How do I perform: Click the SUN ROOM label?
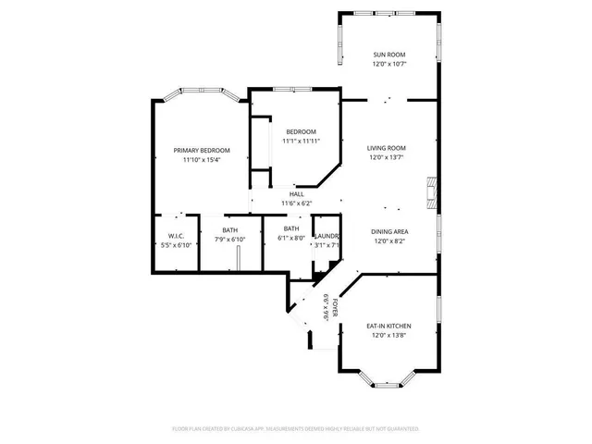coord(388,55)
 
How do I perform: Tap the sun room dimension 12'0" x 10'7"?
coord(388,64)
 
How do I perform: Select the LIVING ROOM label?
coord(387,147)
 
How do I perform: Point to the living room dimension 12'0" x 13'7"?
coord(387,157)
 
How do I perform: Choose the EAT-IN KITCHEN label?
coord(388,327)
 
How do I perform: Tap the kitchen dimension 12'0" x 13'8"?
coord(388,337)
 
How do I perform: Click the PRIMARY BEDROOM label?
coord(202,150)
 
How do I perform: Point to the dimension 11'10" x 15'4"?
coord(202,160)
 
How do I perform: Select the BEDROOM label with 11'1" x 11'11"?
coord(301,131)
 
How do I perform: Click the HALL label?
coord(296,193)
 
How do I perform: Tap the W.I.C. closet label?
coord(176,235)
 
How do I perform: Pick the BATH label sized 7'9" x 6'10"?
coord(230,229)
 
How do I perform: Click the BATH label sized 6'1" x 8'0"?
coord(291,228)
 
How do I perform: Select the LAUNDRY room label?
coord(327,236)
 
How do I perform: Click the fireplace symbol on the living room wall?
coord(431,192)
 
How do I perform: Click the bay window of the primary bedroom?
coord(199,94)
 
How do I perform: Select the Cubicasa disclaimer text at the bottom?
coord(296,429)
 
